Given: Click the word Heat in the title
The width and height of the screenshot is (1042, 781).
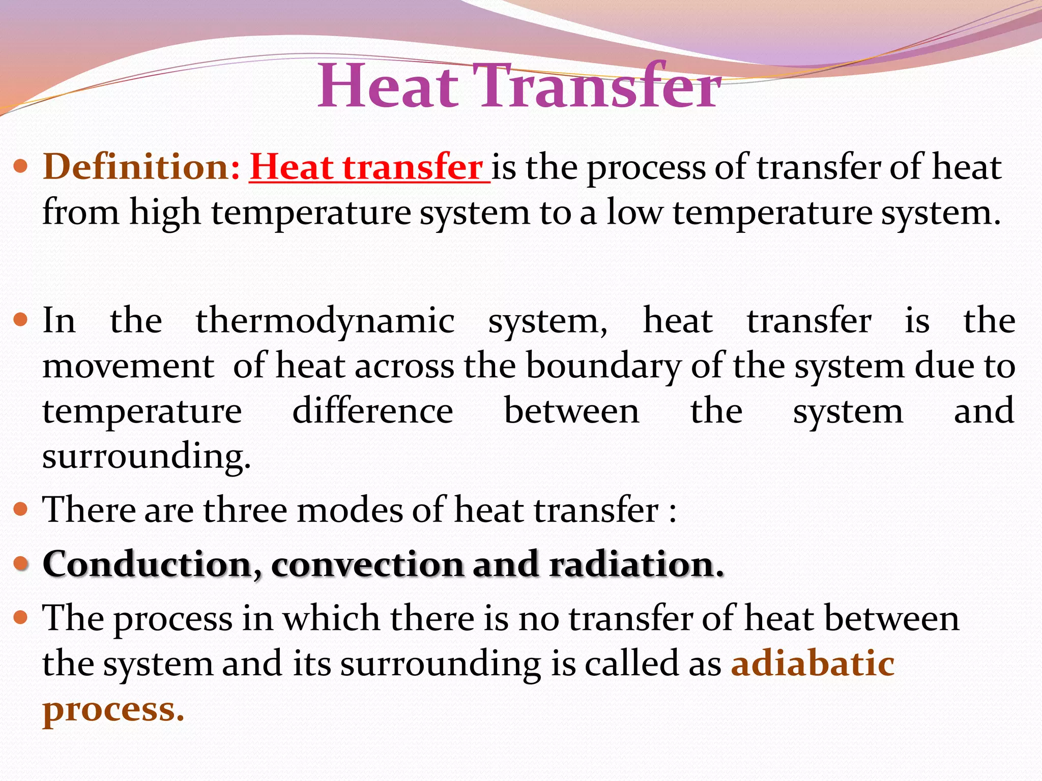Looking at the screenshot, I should (388, 85).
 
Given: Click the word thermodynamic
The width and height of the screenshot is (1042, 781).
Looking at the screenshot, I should (325, 321).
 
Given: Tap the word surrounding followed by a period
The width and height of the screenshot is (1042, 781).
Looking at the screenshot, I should (147, 456).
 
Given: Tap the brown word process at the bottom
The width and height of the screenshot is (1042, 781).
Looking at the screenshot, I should (113, 709).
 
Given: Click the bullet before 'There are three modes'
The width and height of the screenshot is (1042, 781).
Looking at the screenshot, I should (20, 509).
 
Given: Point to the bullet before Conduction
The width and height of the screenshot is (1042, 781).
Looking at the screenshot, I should (20, 563).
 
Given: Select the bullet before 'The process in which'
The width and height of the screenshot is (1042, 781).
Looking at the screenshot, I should (20, 618).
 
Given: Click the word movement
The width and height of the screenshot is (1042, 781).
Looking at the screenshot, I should (128, 366).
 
